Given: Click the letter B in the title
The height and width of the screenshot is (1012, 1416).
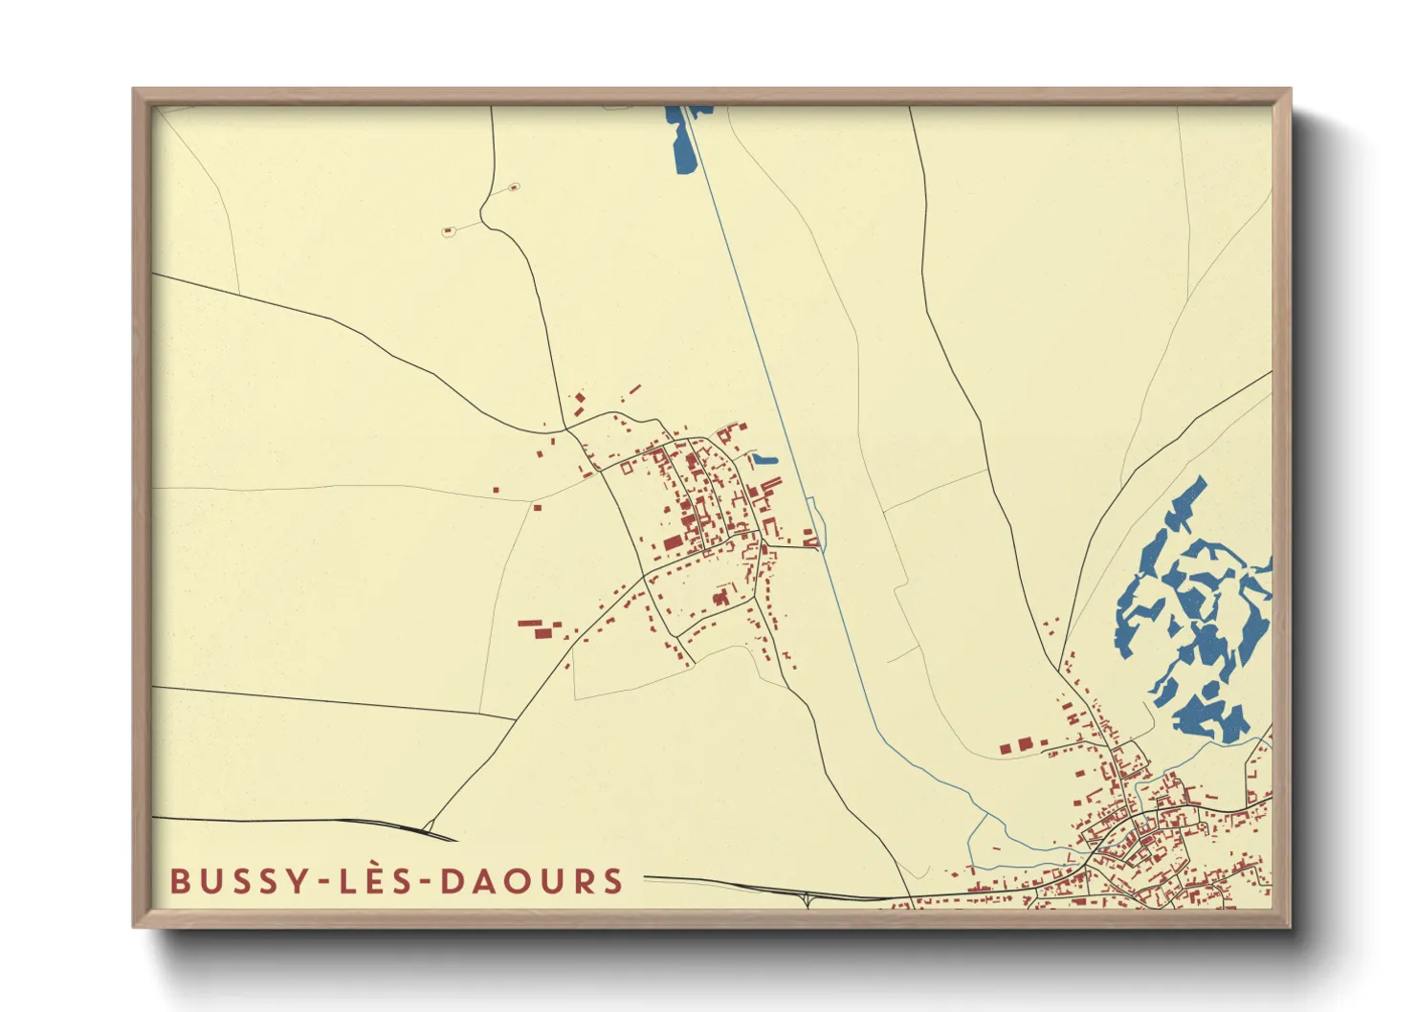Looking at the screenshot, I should [181, 881].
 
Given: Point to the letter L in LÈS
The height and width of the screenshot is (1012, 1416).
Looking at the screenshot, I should [347, 881].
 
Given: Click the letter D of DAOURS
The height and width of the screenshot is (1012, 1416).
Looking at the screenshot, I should [454, 881].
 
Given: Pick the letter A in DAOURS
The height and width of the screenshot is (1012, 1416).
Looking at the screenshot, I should [488, 881].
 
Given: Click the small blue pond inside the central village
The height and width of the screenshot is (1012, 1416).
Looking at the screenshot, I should [764, 460].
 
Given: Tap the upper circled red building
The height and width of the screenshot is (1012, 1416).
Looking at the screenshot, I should [513, 187].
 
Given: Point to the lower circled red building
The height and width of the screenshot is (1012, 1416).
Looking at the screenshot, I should [448, 231].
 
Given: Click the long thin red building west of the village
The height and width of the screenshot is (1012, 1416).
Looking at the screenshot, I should [529, 624].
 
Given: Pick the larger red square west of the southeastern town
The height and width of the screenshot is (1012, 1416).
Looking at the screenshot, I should [1026, 743].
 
